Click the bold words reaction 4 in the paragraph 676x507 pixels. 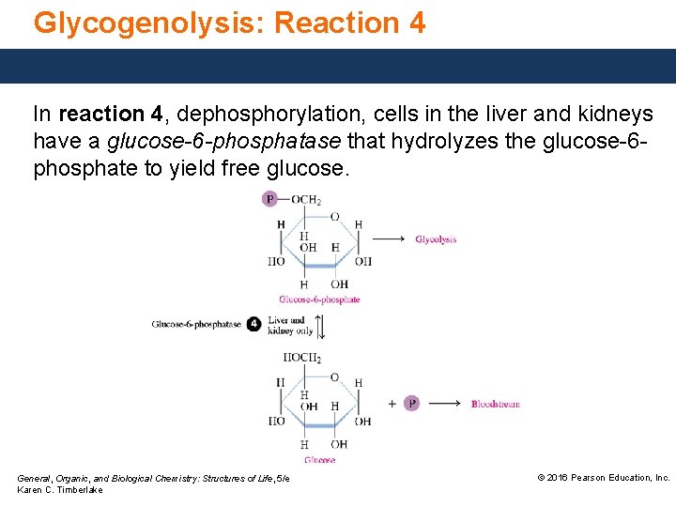(x=109, y=115)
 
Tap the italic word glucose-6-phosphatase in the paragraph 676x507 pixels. (x=227, y=142)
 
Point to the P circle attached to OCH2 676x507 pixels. (x=270, y=199)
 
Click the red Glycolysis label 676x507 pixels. (x=436, y=239)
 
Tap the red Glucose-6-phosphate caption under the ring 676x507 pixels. (x=319, y=300)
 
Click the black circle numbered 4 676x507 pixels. (x=253, y=325)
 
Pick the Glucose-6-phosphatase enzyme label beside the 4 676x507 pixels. (x=196, y=325)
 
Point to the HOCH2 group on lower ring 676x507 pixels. (x=302, y=358)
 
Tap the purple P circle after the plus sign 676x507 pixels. (x=411, y=404)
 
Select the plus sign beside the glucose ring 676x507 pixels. (x=392, y=404)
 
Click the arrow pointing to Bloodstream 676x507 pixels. (x=453, y=404)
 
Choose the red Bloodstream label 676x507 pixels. (x=495, y=404)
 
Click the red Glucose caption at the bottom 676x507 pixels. (x=319, y=460)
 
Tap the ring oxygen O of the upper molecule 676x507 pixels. (x=333, y=217)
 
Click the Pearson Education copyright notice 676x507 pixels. (x=602, y=478)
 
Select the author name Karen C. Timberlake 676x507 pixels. (x=60, y=490)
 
